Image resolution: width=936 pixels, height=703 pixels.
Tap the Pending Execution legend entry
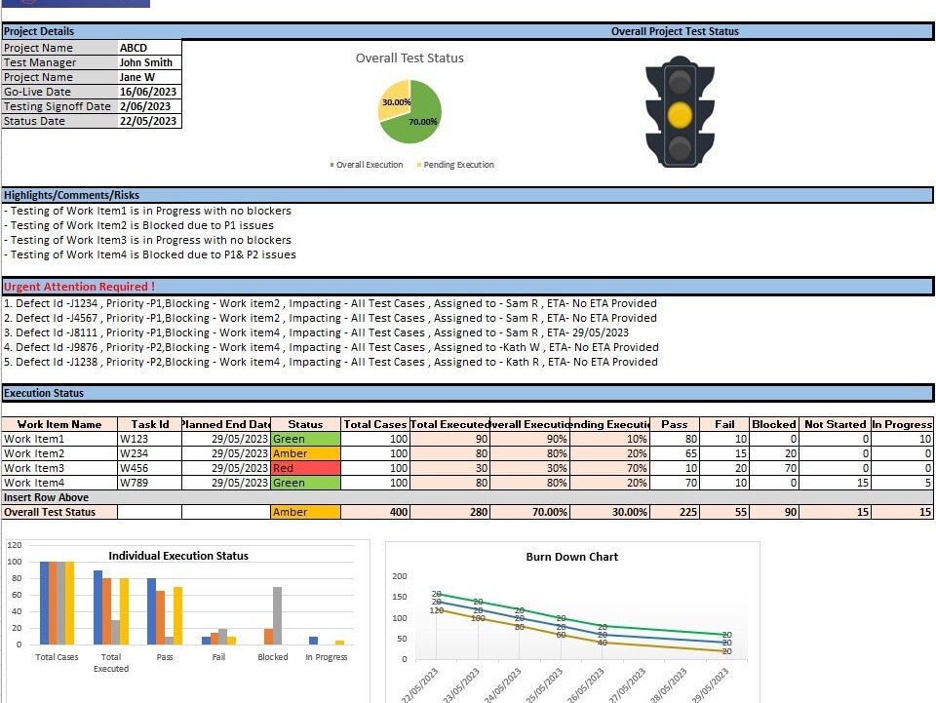coord(456,165)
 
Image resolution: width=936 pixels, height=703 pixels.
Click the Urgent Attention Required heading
coord(79,287)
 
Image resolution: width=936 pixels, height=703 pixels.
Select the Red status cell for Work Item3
coord(305,468)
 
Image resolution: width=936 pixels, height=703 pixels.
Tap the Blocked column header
coord(774,424)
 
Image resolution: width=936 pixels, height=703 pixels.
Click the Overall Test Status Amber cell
coord(305,512)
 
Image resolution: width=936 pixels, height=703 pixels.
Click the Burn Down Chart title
coord(571,557)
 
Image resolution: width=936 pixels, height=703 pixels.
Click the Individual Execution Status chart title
coord(177,556)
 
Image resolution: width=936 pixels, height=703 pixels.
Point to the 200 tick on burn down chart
coord(400,576)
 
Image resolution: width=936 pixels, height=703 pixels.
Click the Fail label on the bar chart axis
coord(218,657)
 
